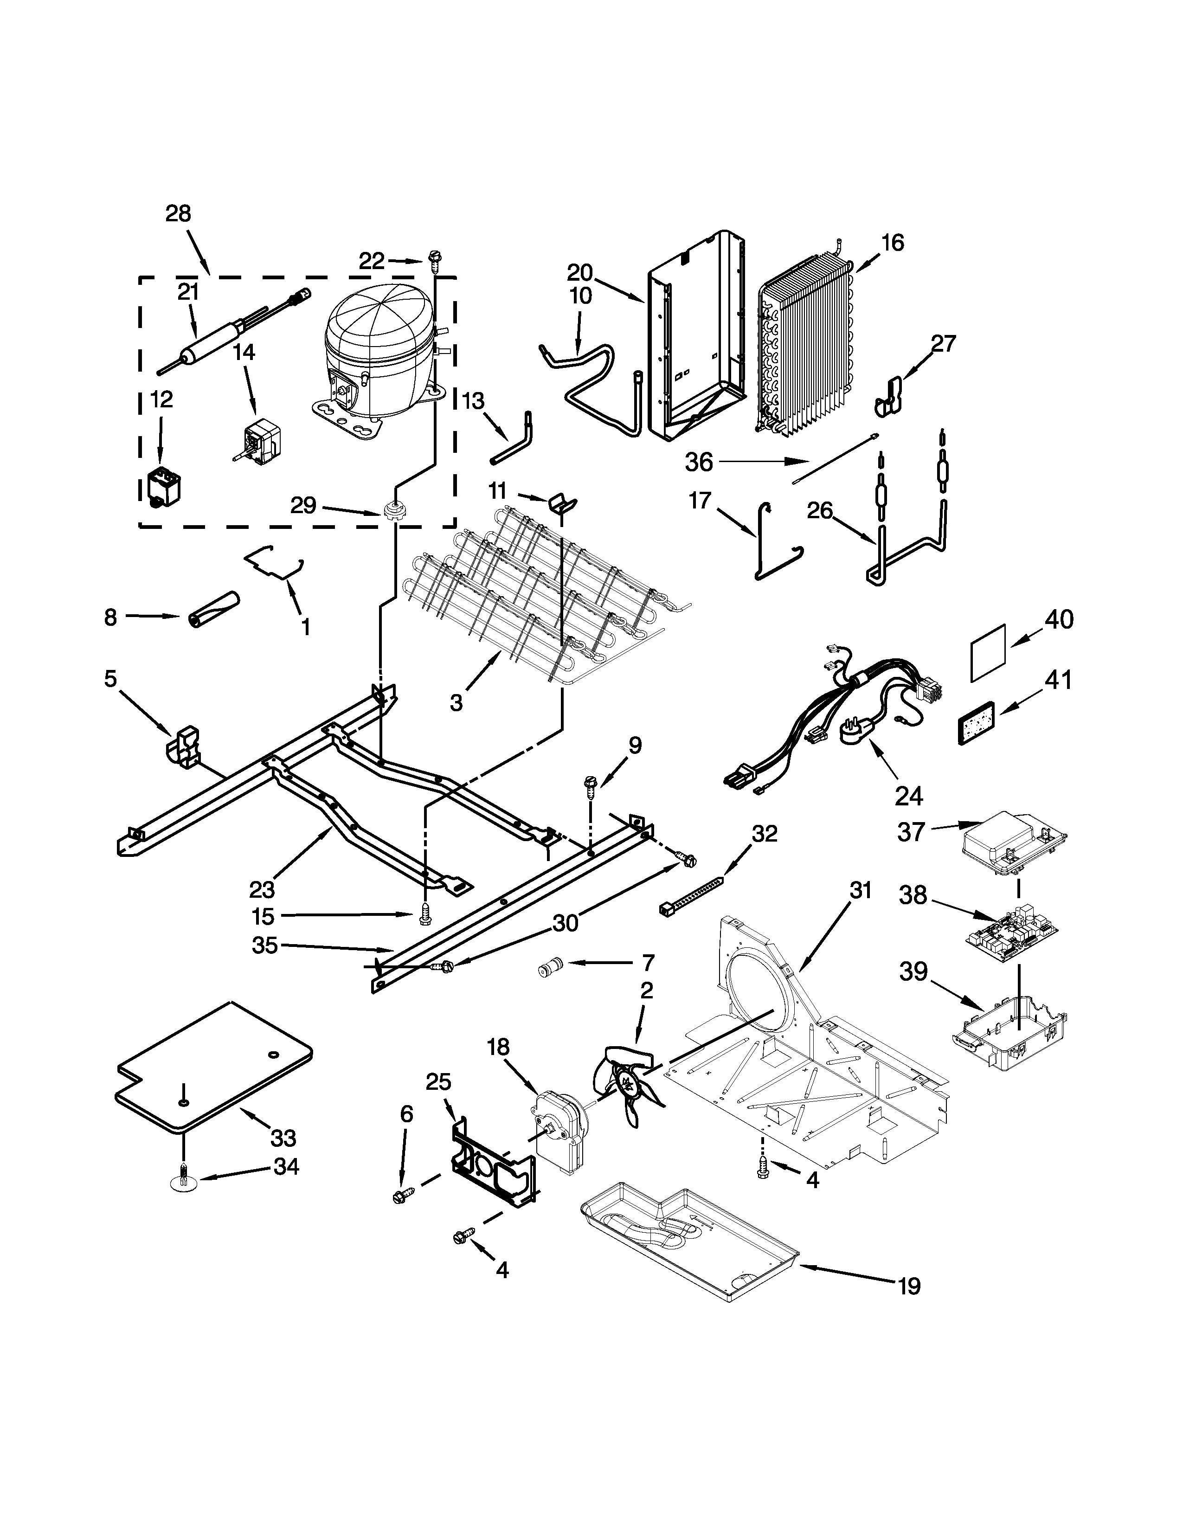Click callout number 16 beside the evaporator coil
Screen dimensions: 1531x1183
(892, 243)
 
